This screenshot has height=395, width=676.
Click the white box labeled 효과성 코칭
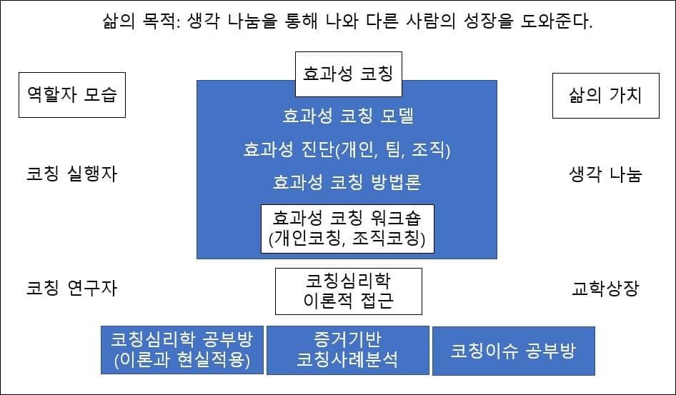point(349,74)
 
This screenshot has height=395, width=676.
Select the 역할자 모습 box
point(71,94)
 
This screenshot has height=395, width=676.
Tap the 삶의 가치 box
point(605,94)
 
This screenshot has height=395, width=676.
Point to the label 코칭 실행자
point(71,174)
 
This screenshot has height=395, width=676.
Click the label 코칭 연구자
point(71,288)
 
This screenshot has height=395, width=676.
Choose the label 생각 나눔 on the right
point(605,174)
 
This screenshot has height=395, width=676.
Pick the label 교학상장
point(605,289)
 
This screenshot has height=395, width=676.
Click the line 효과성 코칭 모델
point(347,116)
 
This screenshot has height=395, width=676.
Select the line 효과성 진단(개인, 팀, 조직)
point(347,149)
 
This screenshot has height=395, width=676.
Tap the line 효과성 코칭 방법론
point(347,182)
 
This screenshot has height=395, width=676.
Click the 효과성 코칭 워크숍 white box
point(347,228)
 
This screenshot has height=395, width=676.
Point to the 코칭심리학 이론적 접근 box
point(349,291)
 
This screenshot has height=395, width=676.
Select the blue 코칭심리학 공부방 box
point(182,350)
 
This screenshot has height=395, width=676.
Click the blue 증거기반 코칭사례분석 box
point(347,350)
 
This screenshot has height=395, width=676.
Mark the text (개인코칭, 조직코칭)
point(347,239)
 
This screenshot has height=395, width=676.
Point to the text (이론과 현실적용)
point(182,361)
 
